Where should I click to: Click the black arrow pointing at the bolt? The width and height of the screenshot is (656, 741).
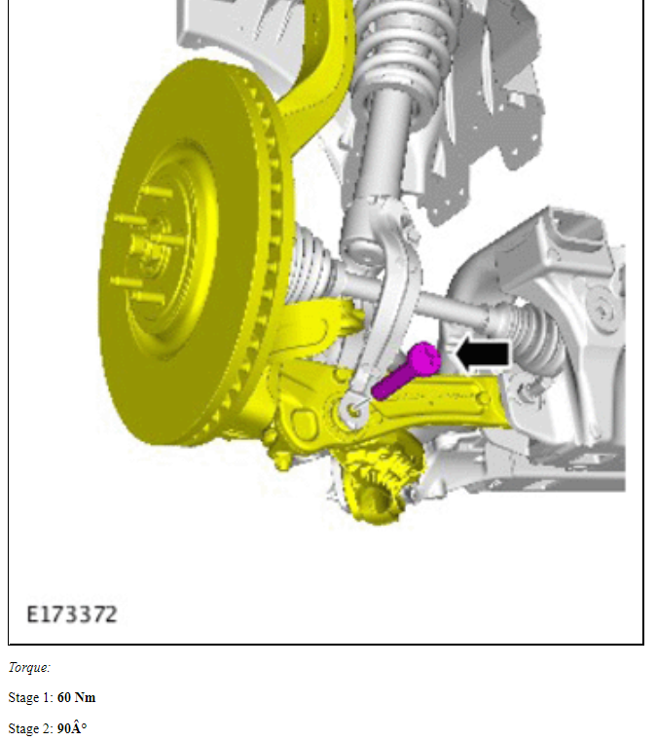pyautogui.click(x=483, y=354)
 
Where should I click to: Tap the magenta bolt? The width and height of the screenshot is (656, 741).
pyautogui.click(x=407, y=371)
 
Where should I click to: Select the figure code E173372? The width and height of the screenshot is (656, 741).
pyautogui.click(x=72, y=614)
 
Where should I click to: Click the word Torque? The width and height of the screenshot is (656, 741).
pyautogui.click(x=28, y=667)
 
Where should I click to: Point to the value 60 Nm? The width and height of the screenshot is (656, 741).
pyautogui.click(x=77, y=697)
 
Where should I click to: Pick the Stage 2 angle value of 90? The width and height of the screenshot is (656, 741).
pyautogui.click(x=72, y=728)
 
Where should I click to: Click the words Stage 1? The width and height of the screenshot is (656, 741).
pyautogui.click(x=30, y=698)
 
